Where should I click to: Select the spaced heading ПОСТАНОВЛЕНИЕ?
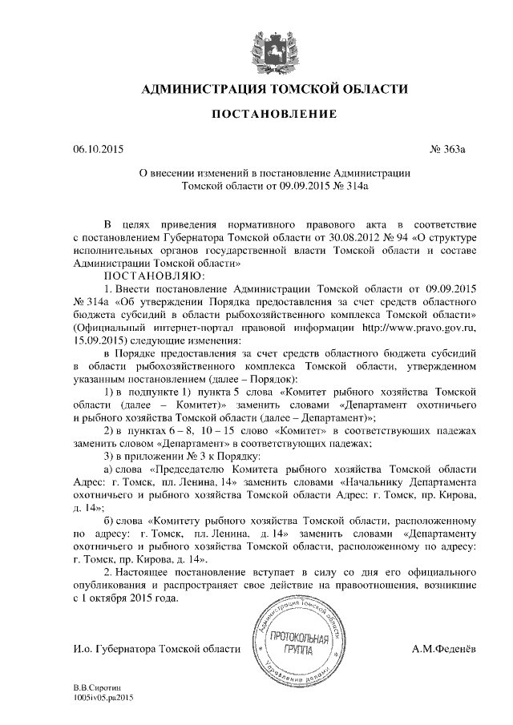coord(273,115)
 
